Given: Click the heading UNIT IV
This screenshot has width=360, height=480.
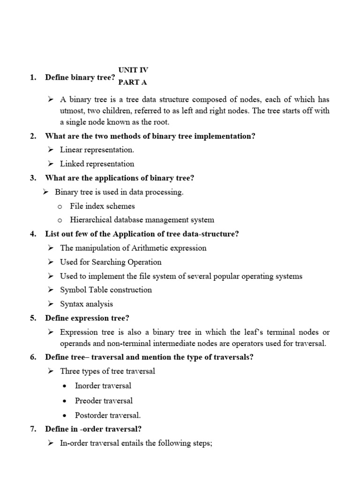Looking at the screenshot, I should pos(133,70).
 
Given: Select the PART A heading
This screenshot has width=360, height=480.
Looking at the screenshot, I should pos(133,82).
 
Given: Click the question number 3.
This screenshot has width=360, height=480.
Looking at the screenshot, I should pos(33,178).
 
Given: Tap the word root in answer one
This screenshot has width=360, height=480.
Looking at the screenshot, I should pos(160,122).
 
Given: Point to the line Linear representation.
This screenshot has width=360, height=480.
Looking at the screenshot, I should pos(97,150).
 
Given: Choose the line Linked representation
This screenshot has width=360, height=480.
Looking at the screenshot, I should pos(97,164).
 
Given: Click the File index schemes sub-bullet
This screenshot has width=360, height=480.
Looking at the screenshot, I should pos(102,206).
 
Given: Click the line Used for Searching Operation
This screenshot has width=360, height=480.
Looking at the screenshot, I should pos(111,262).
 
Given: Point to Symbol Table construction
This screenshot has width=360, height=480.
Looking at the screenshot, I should pos(106,290).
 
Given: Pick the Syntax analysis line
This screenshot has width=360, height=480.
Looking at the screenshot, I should pos(86,304).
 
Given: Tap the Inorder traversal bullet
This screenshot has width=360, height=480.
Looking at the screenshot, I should pos(103,386).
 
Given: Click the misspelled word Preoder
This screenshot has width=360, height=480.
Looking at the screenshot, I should pos(88,401).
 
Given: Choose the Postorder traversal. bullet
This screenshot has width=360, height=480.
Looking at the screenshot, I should pos(108,415).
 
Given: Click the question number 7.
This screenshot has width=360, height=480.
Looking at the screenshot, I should pos(33,429).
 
